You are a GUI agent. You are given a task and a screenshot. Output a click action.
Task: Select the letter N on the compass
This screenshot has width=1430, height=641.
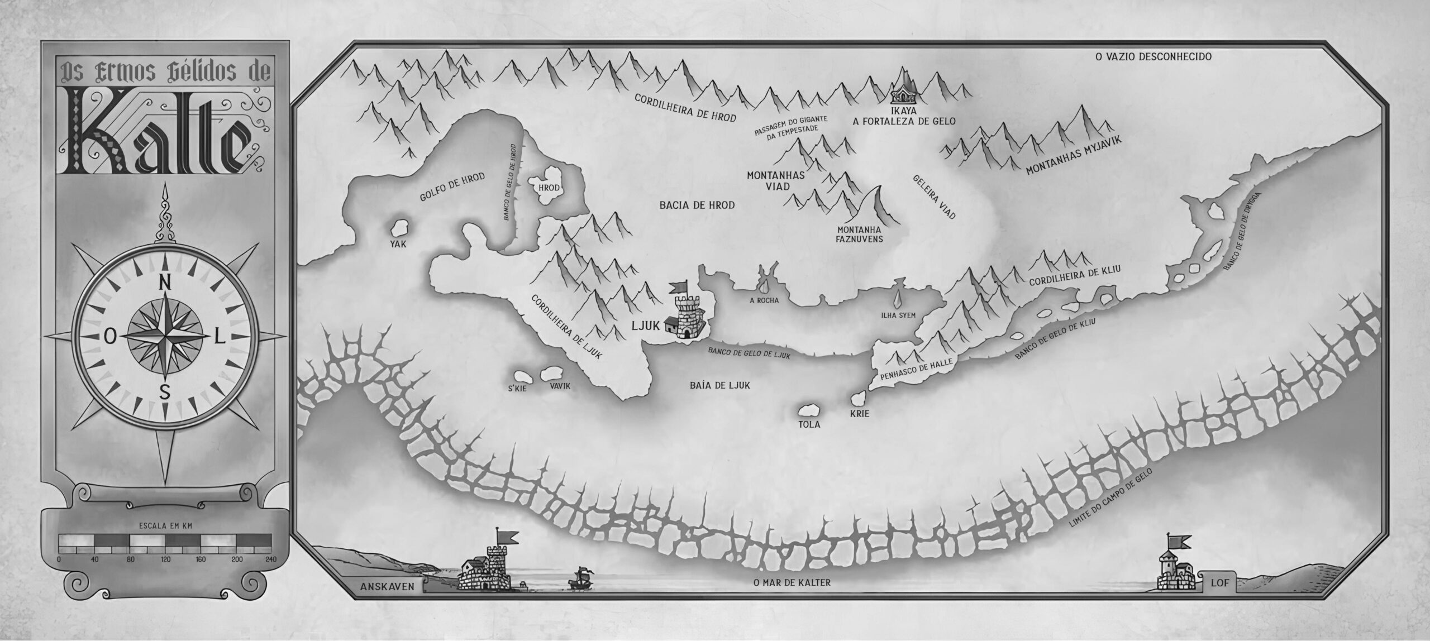pos(165,283)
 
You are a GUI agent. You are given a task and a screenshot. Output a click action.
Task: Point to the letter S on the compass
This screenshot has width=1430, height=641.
pos(165,391)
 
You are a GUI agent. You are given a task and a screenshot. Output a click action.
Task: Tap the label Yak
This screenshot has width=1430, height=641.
pos(398,244)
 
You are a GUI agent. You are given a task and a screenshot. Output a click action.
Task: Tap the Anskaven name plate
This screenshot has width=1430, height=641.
pos(388,602)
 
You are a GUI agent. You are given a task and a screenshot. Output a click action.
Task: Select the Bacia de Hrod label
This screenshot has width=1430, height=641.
pos(697,205)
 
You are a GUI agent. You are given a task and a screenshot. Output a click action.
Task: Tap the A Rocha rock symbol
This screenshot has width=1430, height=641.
pos(765,284)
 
